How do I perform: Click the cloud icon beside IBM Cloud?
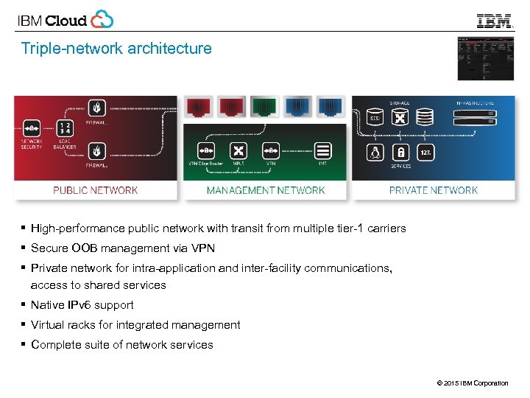pos(102,19)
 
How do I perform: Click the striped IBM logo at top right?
pos(494,21)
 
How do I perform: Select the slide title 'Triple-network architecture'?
pos(116,49)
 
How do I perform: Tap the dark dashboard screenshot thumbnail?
pos(485,57)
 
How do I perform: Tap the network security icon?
pos(31,128)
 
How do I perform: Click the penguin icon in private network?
pos(375,153)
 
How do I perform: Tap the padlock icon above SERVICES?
pos(400,153)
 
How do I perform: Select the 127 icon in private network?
pos(425,153)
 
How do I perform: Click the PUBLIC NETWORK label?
pos(95,190)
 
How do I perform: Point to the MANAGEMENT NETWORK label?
pos(265,190)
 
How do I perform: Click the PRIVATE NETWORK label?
pos(433,190)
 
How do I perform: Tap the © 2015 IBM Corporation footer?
pos(472,383)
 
